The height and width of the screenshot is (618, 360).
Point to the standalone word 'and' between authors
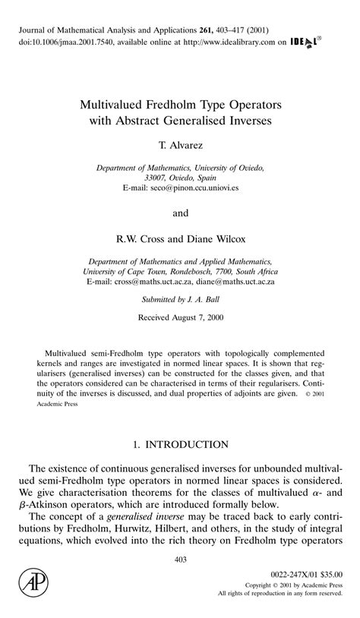tap(180, 213)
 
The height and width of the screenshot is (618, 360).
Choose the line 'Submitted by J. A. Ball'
tap(180, 299)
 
